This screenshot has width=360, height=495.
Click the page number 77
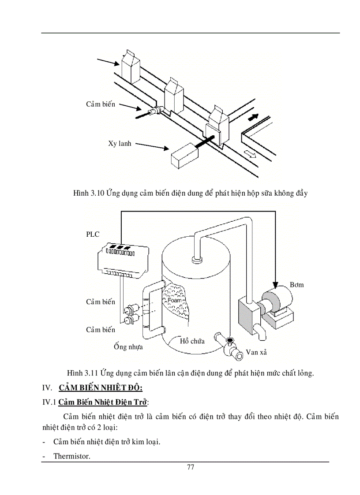[x=190, y=467]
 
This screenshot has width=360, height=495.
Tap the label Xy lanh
[x=120, y=144]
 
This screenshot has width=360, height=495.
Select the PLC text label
[x=93, y=234]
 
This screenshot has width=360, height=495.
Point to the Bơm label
[x=296, y=285]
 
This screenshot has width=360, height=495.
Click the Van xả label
[x=256, y=352]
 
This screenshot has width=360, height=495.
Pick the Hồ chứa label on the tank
[x=192, y=341]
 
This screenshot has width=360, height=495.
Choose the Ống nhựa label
[x=128, y=347]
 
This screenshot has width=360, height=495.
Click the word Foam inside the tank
[x=175, y=301]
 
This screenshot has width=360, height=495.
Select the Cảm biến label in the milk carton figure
[x=101, y=104]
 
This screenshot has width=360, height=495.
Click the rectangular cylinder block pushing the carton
[x=184, y=156]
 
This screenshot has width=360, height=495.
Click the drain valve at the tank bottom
[x=229, y=346]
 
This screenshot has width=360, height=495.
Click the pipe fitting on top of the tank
[x=197, y=259]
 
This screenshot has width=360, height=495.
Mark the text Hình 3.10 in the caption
[x=88, y=193]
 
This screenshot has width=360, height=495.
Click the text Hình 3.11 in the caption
[x=82, y=373]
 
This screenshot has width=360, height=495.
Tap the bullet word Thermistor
[x=71, y=456]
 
